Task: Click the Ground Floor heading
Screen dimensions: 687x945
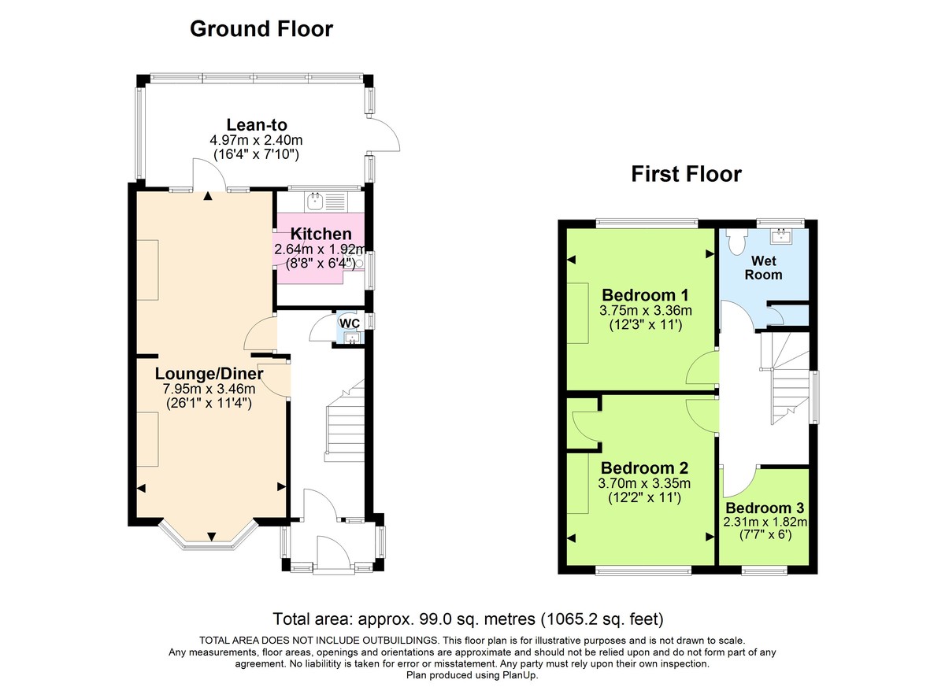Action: click(x=261, y=29)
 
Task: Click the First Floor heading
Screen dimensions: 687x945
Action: click(x=686, y=174)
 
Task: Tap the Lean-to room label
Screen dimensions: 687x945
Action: click(x=257, y=124)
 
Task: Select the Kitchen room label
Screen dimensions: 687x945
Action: click(x=321, y=234)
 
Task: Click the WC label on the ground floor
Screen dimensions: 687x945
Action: click(x=349, y=323)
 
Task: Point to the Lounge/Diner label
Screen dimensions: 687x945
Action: click(x=209, y=373)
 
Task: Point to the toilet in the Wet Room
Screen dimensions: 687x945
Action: click(x=738, y=241)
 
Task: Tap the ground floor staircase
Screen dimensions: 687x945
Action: click(x=344, y=429)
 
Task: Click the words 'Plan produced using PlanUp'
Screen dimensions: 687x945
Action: click(x=472, y=675)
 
